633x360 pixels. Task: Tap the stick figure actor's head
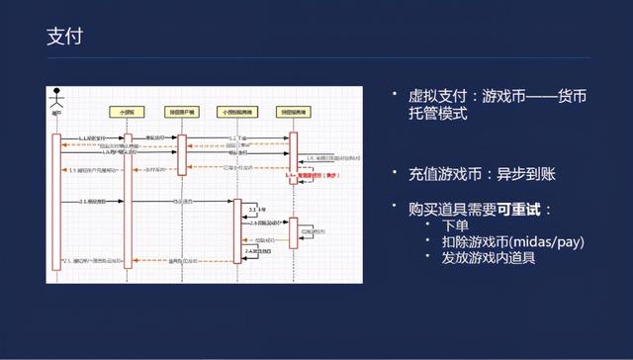coord(56,97)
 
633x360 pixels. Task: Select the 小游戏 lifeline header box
coord(127,112)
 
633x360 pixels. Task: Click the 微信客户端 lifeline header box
coord(182,112)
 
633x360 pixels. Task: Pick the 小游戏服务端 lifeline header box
coord(237,112)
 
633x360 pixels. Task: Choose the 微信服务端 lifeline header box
coord(293,112)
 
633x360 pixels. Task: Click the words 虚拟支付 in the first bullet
coord(440,96)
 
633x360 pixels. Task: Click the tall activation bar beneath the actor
coord(56,203)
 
